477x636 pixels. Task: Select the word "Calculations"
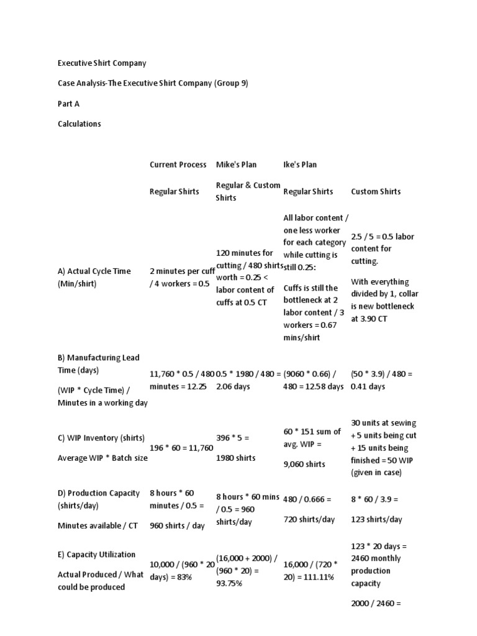click(79, 124)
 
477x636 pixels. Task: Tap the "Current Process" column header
click(178, 165)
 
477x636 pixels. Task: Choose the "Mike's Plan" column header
click(236, 165)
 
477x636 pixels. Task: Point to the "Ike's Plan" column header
click(300, 165)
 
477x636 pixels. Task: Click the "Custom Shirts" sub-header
click(376, 191)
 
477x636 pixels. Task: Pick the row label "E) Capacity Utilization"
click(96, 554)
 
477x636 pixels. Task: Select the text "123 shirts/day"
click(376, 519)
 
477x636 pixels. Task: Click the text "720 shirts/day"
click(309, 519)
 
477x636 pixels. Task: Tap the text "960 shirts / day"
click(177, 525)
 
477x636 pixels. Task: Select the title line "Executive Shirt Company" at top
click(102, 63)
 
